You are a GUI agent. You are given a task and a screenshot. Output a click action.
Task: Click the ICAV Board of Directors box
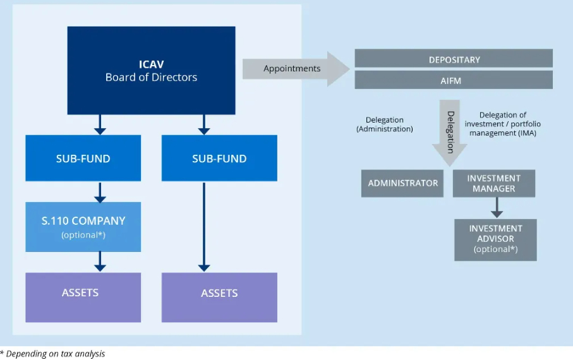click(x=151, y=71)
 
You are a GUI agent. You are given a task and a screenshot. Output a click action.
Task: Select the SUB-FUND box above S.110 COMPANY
click(x=83, y=158)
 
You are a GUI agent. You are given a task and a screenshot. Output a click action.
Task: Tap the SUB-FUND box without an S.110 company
click(x=219, y=158)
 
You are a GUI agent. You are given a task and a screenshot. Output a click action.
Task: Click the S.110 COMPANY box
click(x=83, y=226)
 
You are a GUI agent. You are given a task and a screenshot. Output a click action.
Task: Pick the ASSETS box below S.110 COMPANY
click(x=83, y=297)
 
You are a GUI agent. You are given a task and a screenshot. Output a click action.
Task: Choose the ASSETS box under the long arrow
click(x=219, y=297)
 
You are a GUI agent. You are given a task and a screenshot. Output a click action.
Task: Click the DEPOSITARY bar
click(x=454, y=59)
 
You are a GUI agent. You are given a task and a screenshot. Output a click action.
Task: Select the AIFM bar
click(x=454, y=80)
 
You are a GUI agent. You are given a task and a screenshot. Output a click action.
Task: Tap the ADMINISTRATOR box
click(x=403, y=183)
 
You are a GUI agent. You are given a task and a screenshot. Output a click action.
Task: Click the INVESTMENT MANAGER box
click(x=494, y=183)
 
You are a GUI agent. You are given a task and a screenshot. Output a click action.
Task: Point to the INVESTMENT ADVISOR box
click(x=495, y=239)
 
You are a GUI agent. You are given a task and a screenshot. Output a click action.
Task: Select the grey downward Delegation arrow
click(x=450, y=133)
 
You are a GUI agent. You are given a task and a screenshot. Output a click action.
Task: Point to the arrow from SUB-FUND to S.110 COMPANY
click(x=99, y=191)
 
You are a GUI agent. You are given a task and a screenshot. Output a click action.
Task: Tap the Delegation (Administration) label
click(x=384, y=124)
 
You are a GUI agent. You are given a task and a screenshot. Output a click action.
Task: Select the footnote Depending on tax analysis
click(x=53, y=354)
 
